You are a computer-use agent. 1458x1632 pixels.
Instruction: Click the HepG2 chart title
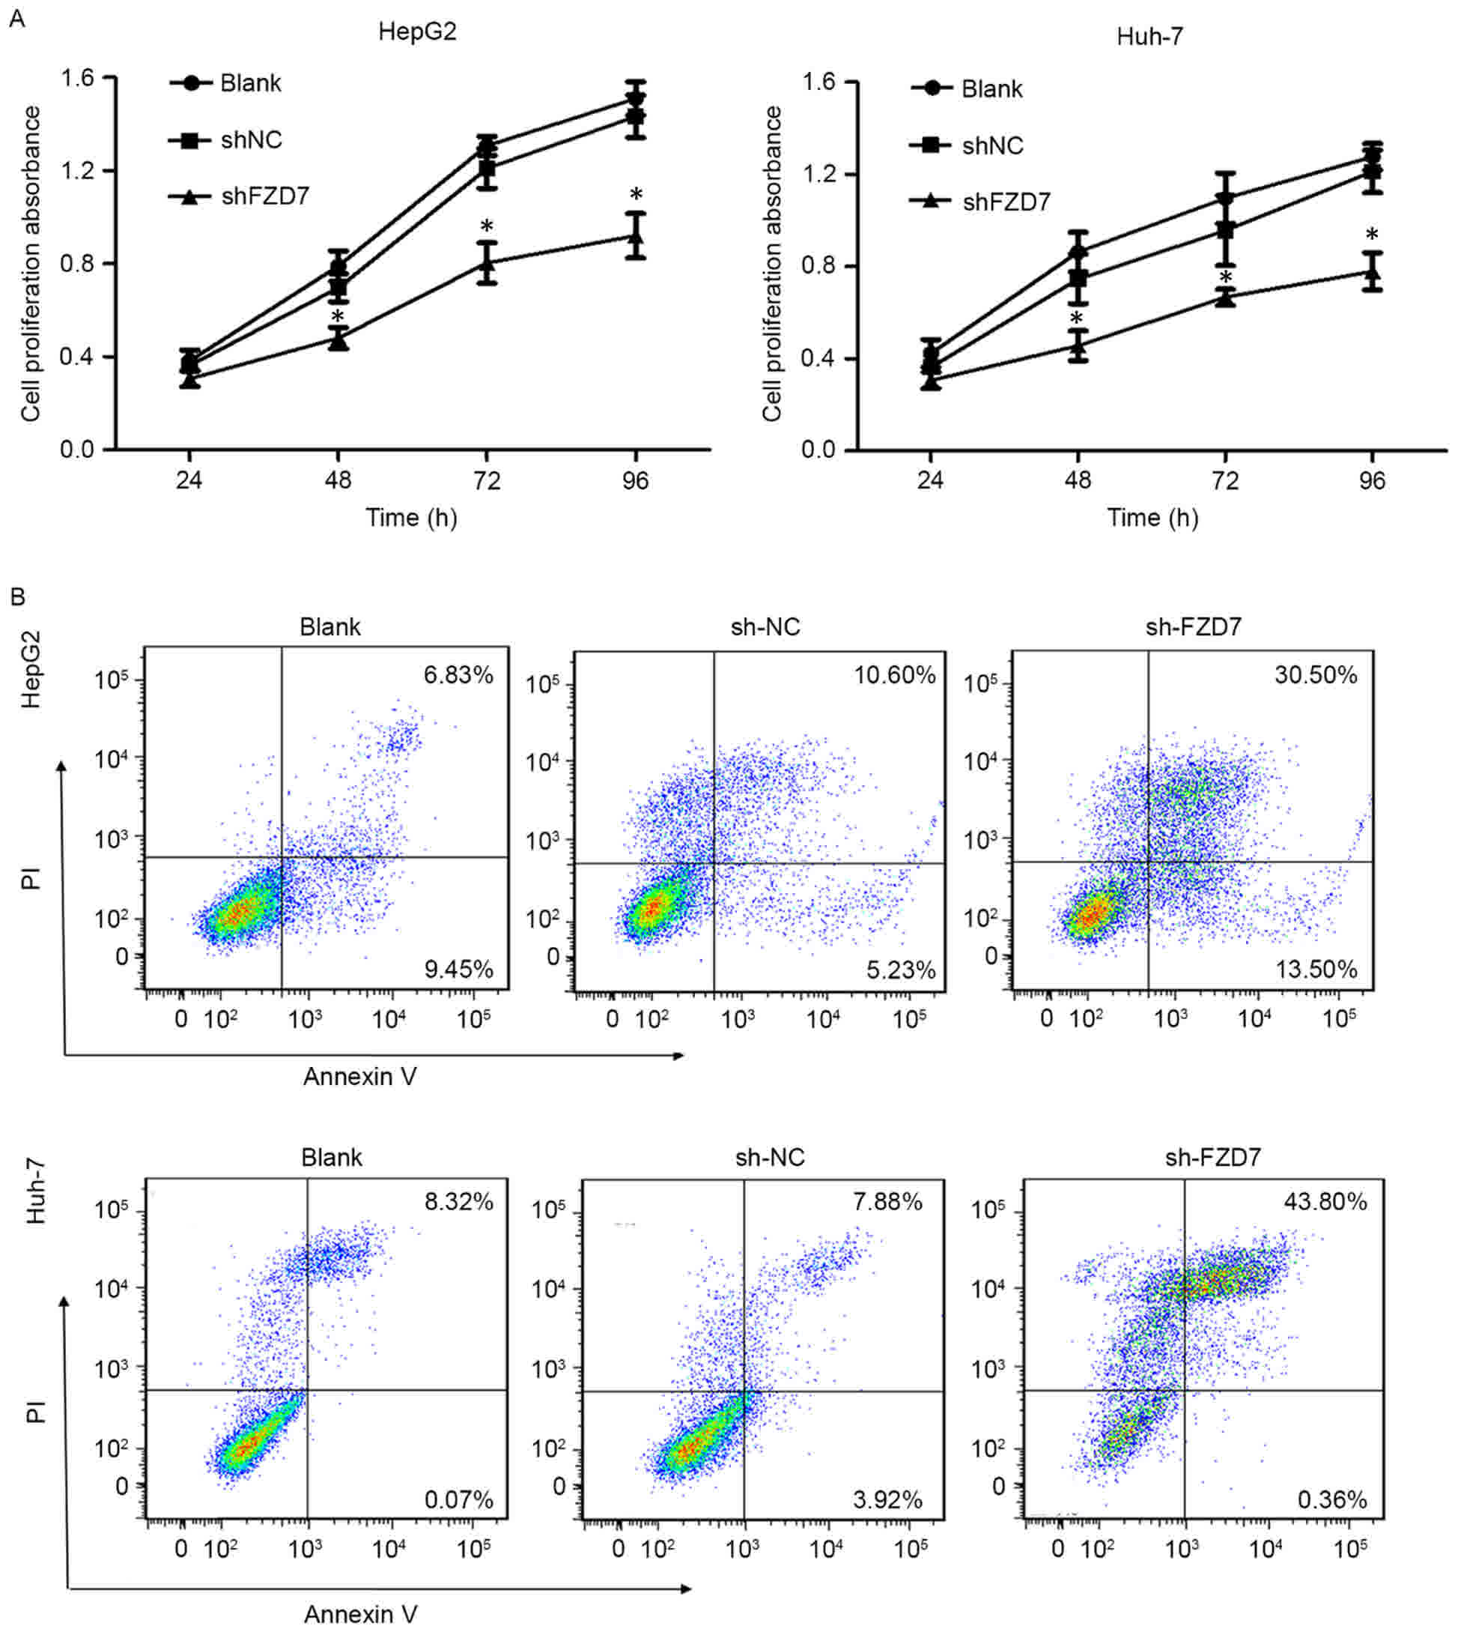click(417, 31)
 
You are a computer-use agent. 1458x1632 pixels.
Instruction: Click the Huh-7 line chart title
click(1149, 36)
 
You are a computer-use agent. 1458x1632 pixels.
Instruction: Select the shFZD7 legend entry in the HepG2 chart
click(265, 196)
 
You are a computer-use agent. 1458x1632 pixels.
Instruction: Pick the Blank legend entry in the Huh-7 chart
click(991, 89)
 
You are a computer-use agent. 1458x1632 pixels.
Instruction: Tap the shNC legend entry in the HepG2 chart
click(252, 140)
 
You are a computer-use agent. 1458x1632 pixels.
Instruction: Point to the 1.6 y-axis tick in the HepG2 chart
click(77, 78)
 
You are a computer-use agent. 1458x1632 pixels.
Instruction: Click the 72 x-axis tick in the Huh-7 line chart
click(1225, 480)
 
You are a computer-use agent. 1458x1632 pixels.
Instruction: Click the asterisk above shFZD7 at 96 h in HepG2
click(636, 195)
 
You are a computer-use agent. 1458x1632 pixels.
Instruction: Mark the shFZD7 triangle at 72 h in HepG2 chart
click(486, 262)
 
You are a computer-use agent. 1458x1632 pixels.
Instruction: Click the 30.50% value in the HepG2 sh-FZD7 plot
click(1316, 675)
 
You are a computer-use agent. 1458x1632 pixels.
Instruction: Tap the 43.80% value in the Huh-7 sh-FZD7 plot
click(1325, 1202)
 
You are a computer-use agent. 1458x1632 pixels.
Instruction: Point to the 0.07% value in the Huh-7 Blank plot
click(459, 1499)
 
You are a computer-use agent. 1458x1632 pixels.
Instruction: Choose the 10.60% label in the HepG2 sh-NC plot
click(895, 675)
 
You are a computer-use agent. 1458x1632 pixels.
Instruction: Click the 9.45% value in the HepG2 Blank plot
click(459, 969)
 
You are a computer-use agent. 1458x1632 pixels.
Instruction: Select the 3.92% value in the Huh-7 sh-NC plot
click(887, 1499)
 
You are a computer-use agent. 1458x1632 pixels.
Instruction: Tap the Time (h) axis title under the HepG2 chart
click(412, 518)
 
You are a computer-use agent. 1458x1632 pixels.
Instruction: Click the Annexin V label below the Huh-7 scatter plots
click(360, 1614)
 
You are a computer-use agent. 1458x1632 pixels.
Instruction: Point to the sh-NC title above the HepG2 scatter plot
click(766, 627)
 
